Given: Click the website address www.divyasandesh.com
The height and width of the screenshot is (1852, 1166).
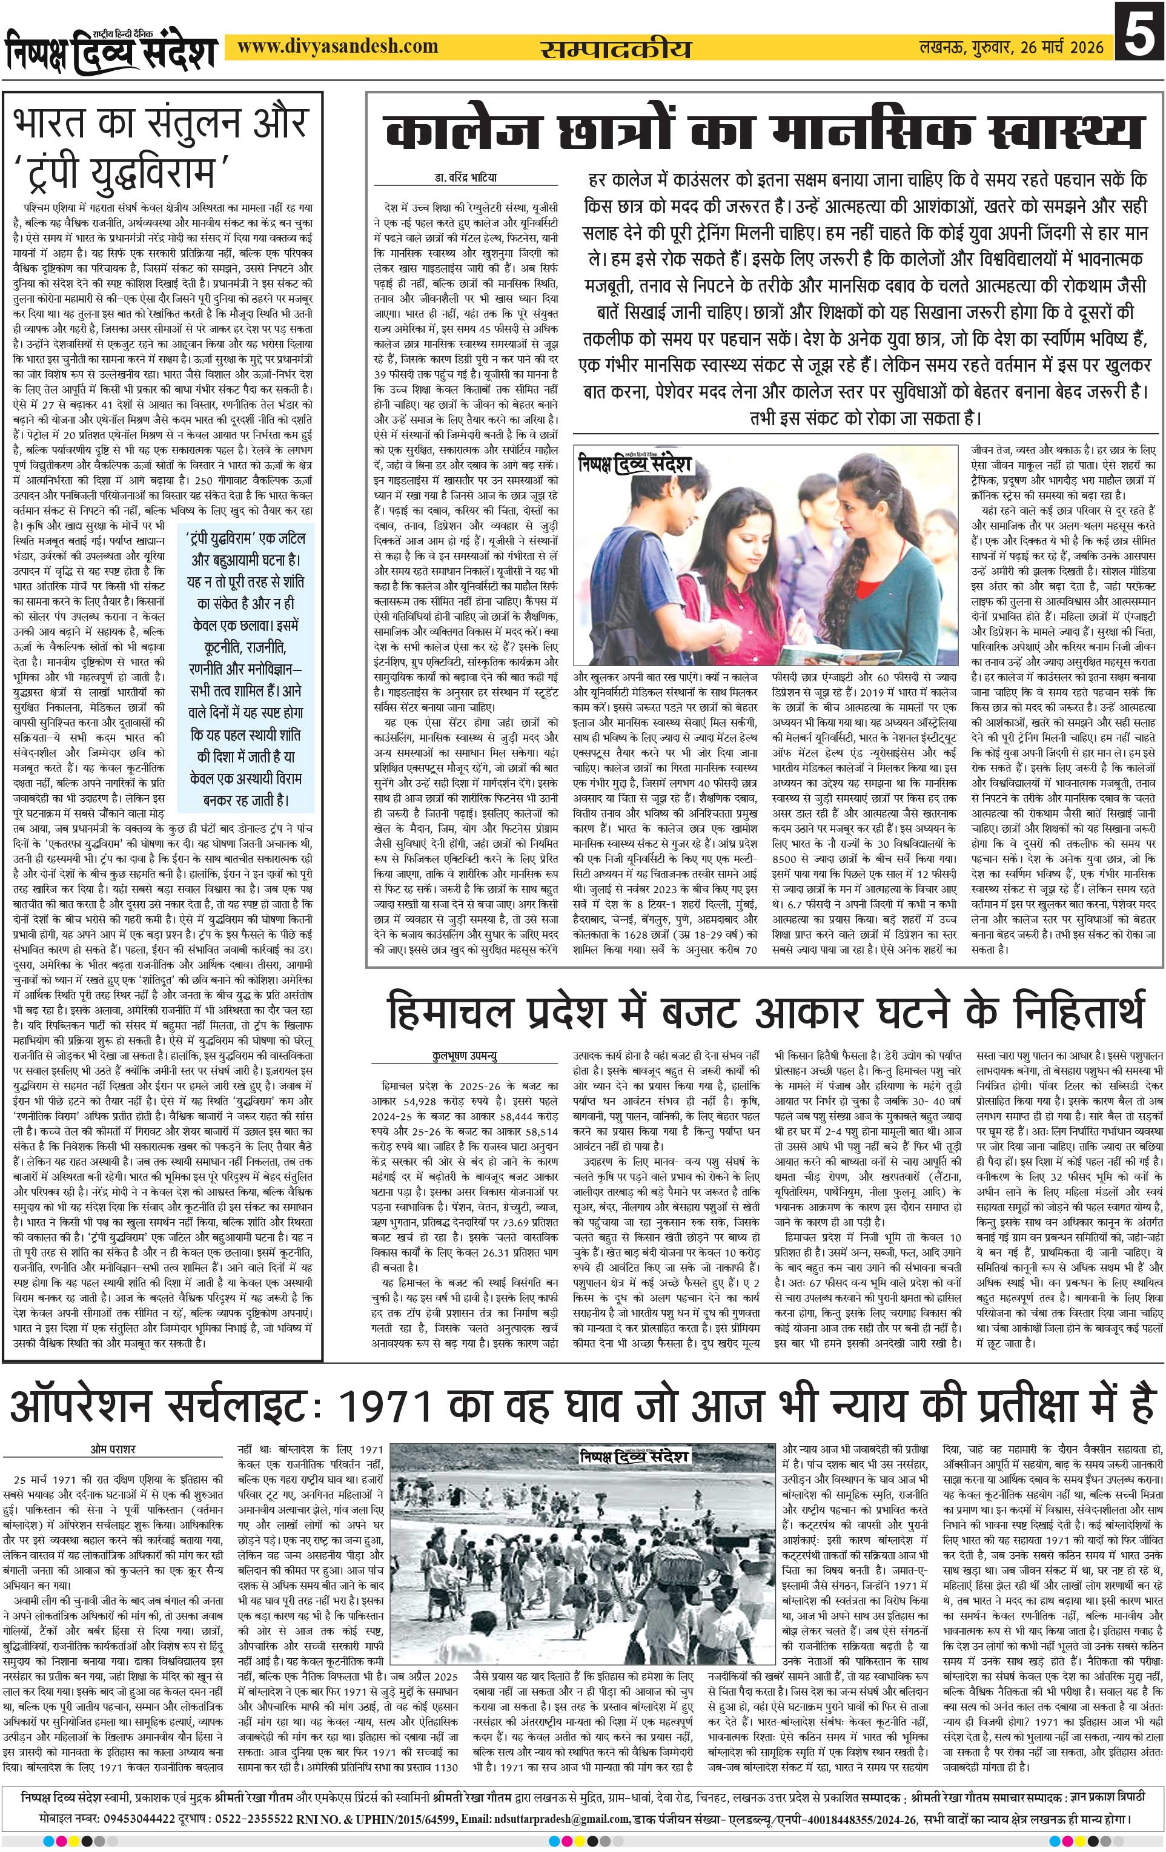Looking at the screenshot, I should [337, 46].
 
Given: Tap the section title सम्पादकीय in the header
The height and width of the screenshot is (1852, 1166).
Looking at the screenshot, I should [615, 48].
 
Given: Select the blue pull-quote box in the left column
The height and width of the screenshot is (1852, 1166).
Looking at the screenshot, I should [246, 667].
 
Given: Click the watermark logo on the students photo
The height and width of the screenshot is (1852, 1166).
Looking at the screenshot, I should [636, 465].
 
